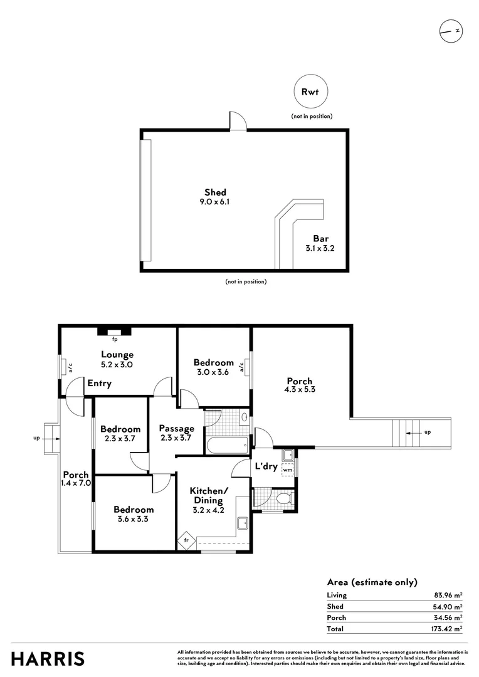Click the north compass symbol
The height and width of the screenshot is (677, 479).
(x=451, y=31)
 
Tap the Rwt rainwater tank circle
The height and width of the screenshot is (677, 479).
(x=310, y=92)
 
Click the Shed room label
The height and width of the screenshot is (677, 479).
(x=215, y=192)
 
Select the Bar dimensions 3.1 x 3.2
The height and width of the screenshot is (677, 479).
(x=320, y=248)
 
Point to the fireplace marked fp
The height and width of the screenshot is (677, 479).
(x=115, y=332)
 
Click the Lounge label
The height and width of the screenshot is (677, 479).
(x=117, y=354)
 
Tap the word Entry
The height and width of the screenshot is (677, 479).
(x=99, y=384)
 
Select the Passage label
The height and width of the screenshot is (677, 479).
(x=177, y=429)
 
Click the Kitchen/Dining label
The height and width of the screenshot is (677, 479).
(x=209, y=496)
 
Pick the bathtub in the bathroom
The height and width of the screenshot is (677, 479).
(x=227, y=444)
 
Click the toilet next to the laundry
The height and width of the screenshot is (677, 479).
(x=285, y=499)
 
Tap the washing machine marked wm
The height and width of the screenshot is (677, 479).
(x=288, y=470)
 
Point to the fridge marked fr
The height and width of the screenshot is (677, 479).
(x=187, y=540)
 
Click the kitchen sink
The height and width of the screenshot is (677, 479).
(x=242, y=523)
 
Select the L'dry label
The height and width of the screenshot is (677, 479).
(x=266, y=466)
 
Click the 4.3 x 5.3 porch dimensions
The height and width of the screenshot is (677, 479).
(x=300, y=389)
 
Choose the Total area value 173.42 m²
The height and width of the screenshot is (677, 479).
(x=446, y=629)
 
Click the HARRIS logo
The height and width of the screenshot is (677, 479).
(x=48, y=659)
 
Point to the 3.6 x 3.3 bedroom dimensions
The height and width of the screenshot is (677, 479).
(x=133, y=519)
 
